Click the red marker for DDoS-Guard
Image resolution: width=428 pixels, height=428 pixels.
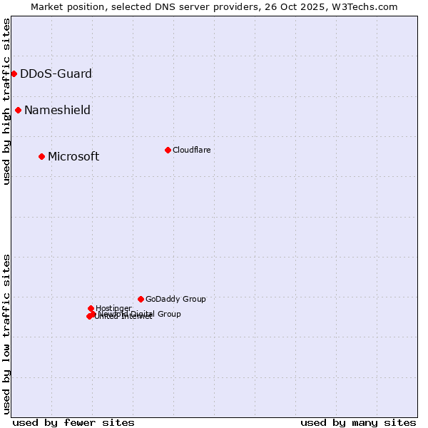pos(14,73)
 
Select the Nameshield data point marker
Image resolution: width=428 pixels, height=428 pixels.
pos(18,110)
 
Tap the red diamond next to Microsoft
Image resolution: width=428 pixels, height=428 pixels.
pos(41,156)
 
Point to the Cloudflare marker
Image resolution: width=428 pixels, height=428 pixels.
pos(168,150)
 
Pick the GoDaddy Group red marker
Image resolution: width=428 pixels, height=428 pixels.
pos(141,299)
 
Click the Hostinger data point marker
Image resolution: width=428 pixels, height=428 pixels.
pos(91,308)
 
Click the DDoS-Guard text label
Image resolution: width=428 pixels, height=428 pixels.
pos(56,73)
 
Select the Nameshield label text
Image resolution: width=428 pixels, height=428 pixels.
pos(57,110)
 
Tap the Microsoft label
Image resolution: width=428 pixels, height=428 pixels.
pos(73,156)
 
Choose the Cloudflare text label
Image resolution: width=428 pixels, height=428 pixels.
pos(191,150)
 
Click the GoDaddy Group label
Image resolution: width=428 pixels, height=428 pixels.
pos(175,299)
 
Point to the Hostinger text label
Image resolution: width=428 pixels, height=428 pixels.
pos(113,308)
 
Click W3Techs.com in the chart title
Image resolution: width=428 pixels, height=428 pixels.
pos(362,6)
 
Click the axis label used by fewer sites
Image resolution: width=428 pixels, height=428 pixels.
pos(73,422)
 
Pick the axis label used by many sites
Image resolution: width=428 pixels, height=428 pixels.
pos(358,422)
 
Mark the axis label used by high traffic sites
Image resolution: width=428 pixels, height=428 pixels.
pos(6,101)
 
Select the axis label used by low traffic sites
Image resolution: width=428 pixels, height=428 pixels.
pos(6,333)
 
